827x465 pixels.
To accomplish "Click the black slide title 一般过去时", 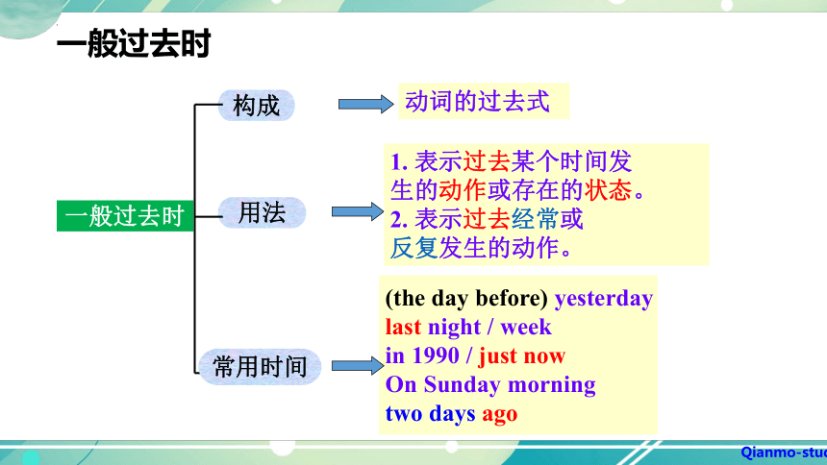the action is tap(134, 44).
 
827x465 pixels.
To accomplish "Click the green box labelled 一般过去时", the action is tap(125, 216).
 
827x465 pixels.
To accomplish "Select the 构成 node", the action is tap(257, 106).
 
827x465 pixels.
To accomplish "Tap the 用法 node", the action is tap(263, 212).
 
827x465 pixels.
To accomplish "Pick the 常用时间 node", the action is tap(260, 366).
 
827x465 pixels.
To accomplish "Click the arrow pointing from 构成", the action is tap(365, 104).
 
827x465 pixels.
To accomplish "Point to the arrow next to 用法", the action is tap(357, 212).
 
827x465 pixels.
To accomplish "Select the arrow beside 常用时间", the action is tap(358, 365).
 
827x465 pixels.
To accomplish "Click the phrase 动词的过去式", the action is tap(477, 101).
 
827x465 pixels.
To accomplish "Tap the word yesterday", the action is tap(604, 299).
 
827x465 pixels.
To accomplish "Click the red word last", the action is tap(403, 327).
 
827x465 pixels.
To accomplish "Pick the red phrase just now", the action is tap(521, 355).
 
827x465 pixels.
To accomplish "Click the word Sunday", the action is tap(462, 385).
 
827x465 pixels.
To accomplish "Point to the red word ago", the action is tap(499, 414).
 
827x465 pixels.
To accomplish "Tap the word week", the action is tap(526, 327).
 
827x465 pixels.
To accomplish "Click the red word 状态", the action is tap(608, 190).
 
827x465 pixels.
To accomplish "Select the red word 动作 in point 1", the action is tap(463, 190).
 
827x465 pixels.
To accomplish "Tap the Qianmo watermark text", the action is tap(783, 453).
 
